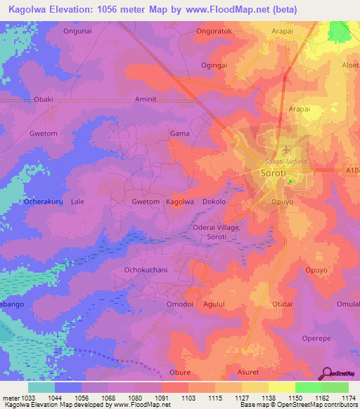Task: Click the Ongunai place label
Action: (x=77, y=31)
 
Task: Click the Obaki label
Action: (x=43, y=100)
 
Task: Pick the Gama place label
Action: (x=180, y=133)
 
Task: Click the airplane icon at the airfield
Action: (x=285, y=150)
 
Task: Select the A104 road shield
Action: (x=352, y=170)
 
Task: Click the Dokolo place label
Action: (x=214, y=202)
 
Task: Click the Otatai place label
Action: (x=282, y=304)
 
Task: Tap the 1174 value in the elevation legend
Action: (x=348, y=398)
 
